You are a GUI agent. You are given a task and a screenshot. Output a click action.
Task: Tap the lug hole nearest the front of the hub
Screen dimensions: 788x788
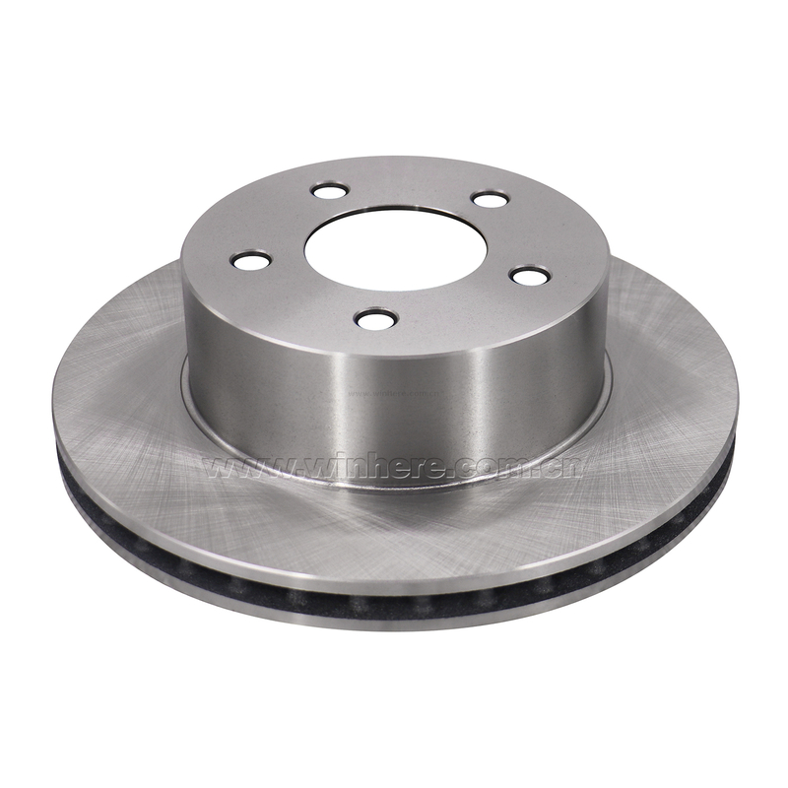[x=376, y=319]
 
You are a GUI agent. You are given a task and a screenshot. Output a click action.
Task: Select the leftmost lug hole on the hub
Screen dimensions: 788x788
[x=251, y=260]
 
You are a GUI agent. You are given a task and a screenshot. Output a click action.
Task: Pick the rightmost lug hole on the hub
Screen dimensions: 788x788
[x=530, y=275]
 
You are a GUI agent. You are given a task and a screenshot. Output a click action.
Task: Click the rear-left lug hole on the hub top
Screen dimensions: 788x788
[x=330, y=191]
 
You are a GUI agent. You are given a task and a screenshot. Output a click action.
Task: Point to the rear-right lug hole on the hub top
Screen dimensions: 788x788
[x=491, y=200]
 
